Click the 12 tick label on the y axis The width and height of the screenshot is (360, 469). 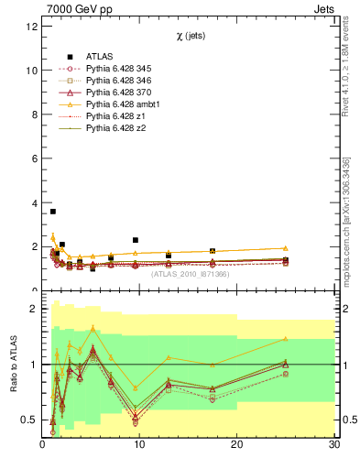[x=31, y=26]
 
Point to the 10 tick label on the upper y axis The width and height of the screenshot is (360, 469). [x=31, y=70]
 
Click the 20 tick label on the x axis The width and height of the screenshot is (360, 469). [x=237, y=445]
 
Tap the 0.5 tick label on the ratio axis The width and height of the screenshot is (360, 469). [x=28, y=420]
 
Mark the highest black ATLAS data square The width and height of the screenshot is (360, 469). [x=52, y=212]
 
